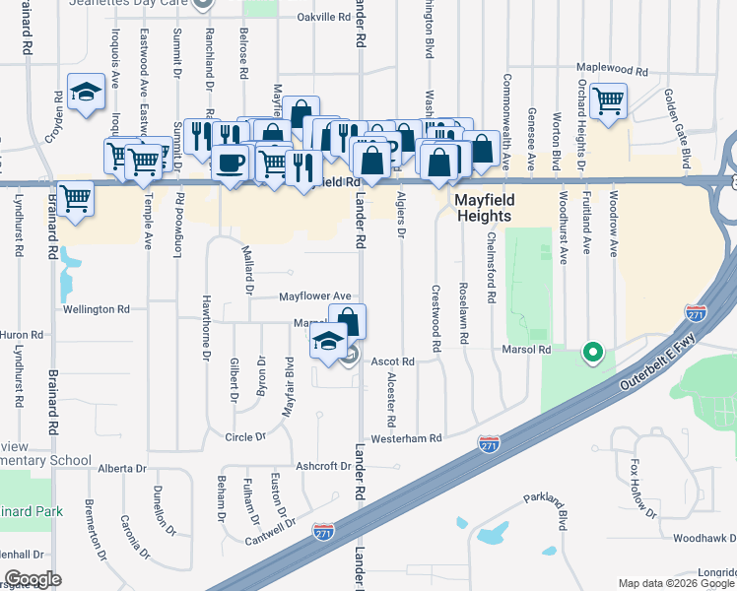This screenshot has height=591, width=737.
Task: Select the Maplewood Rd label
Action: (x=612, y=72)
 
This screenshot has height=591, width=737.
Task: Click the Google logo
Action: (x=33, y=578)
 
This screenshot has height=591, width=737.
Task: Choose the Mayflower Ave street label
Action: (x=314, y=295)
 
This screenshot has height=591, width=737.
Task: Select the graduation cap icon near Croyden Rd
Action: (x=87, y=92)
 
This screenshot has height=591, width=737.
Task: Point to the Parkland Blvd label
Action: (x=546, y=503)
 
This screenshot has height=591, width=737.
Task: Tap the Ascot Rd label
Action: (x=392, y=361)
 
